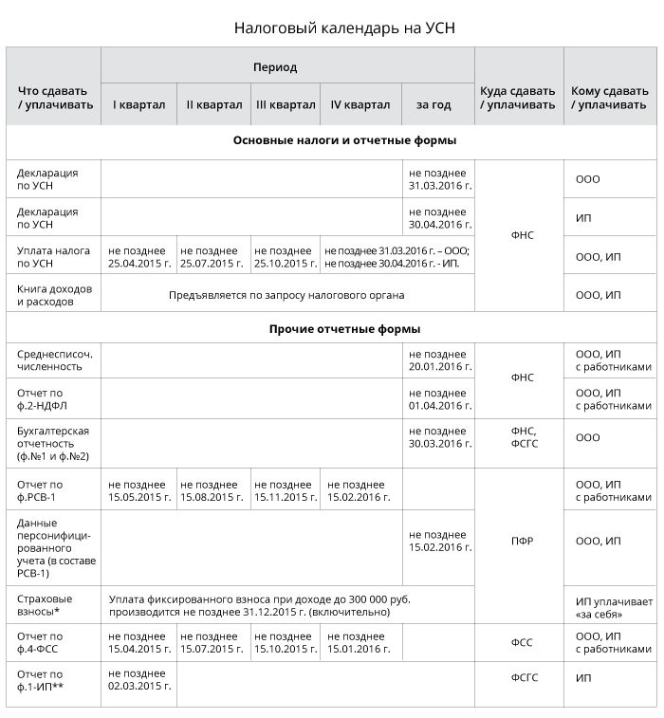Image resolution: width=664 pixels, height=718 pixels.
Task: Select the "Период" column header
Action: tap(274, 67)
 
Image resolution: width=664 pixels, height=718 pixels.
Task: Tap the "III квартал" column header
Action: tap(286, 104)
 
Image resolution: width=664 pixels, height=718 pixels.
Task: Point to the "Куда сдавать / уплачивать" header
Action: tap(518, 98)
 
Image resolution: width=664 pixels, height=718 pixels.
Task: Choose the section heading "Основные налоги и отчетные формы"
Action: tap(331, 140)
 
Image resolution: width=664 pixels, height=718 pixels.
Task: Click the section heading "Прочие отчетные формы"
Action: tap(331, 329)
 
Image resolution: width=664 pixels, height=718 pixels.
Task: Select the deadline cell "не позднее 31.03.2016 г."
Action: tap(440, 179)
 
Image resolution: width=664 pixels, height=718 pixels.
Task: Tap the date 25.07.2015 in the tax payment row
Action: tap(212, 263)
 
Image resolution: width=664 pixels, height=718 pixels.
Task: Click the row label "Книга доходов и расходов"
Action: tap(54, 295)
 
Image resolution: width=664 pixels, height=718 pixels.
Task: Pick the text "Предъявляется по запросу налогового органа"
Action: tap(286, 295)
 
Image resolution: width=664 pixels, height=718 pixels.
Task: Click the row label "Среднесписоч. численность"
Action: tap(54, 359)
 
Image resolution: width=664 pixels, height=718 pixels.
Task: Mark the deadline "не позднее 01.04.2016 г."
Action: tap(440, 399)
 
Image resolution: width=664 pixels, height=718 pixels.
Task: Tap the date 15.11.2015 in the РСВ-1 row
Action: tap(286, 497)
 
